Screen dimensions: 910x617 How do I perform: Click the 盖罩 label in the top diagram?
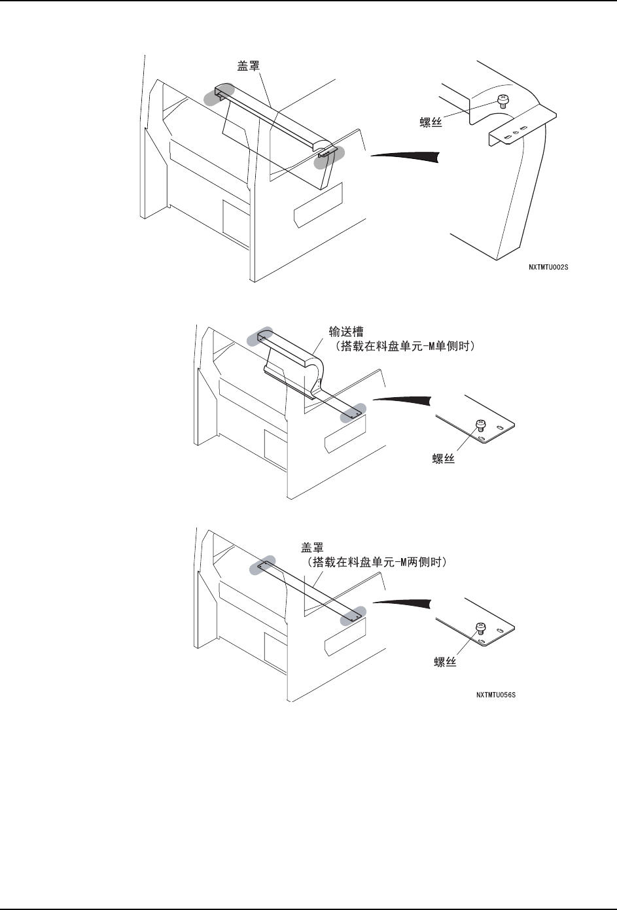[x=248, y=66]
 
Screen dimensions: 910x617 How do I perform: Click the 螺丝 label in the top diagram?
[x=431, y=122]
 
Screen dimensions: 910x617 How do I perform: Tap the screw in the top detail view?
[x=502, y=100]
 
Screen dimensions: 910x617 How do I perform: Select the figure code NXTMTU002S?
[x=549, y=268]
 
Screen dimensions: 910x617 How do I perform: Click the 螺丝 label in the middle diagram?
[x=444, y=459]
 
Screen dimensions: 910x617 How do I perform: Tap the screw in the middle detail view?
[x=480, y=425]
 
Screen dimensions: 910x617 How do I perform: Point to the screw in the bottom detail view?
[x=480, y=627]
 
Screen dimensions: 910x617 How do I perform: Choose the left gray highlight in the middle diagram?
[x=260, y=336]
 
